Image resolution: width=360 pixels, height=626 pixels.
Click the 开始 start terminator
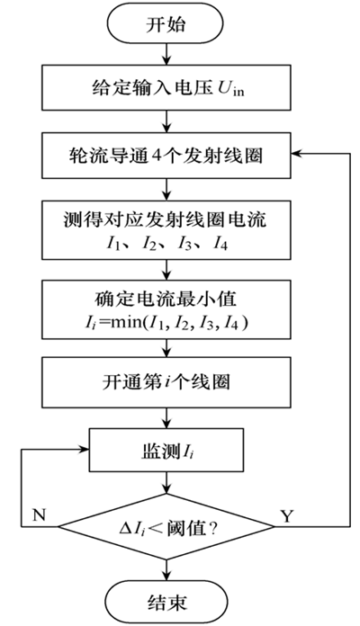(164, 25)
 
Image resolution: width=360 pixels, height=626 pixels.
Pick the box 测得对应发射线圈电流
(164, 231)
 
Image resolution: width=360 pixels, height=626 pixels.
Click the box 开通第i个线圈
(164, 380)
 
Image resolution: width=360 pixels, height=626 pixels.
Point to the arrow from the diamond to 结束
(164, 565)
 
